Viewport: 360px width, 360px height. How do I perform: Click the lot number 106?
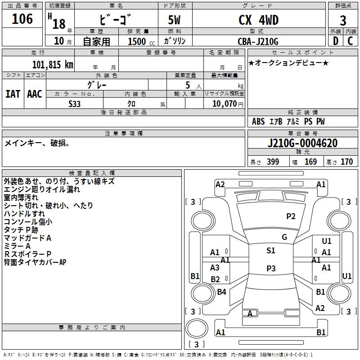[x=22, y=19]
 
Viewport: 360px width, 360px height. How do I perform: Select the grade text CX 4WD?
[x=258, y=20]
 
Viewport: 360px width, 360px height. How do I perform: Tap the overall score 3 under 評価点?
[x=343, y=20]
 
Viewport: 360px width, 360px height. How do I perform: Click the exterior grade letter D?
[x=335, y=41]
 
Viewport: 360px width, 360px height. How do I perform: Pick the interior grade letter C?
[x=350, y=41]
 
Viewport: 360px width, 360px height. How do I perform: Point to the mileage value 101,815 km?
[x=53, y=65]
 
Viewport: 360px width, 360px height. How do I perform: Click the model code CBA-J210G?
[x=258, y=41]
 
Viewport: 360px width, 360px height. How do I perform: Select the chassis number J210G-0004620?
[x=302, y=143]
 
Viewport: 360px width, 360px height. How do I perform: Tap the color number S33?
[x=74, y=104]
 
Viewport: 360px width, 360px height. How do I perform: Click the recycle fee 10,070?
[x=224, y=104]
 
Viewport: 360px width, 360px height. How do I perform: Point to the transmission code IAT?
[x=13, y=94]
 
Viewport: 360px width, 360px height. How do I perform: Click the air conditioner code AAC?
[x=35, y=94]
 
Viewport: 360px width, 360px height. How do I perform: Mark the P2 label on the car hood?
[x=291, y=216]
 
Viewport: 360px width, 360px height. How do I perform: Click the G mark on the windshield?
[x=284, y=237]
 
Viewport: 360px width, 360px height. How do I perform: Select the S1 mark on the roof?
[x=271, y=251]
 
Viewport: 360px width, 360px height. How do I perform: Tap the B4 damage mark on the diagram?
[x=221, y=292]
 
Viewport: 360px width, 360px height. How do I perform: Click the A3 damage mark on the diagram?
[x=215, y=267]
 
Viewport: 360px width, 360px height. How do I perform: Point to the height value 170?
[x=346, y=162]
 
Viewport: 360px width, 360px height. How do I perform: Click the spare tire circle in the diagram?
[x=197, y=328]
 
